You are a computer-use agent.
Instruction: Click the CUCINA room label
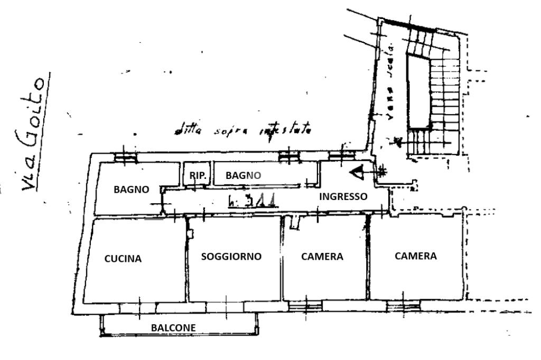click(123, 259)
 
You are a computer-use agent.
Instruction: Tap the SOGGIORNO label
click(231, 257)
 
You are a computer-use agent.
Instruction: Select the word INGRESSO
click(343, 196)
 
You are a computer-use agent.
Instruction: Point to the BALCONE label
click(174, 328)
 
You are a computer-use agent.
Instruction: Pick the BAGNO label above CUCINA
click(132, 189)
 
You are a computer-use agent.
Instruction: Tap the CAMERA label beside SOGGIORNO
click(322, 257)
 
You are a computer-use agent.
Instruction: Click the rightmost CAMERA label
click(416, 256)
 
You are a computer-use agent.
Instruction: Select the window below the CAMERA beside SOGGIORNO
click(305, 305)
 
